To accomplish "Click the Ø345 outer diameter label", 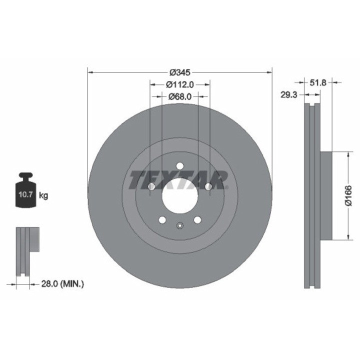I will click(179, 71).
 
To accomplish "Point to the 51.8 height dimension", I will click(318, 82).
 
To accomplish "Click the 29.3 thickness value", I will click(289, 94).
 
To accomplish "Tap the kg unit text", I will click(44, 195).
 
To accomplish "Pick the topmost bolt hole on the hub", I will click(179, 166).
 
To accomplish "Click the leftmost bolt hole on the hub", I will click(151, 186).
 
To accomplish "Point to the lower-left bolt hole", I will click(162, 219).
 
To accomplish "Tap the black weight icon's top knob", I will click(26, 176).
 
